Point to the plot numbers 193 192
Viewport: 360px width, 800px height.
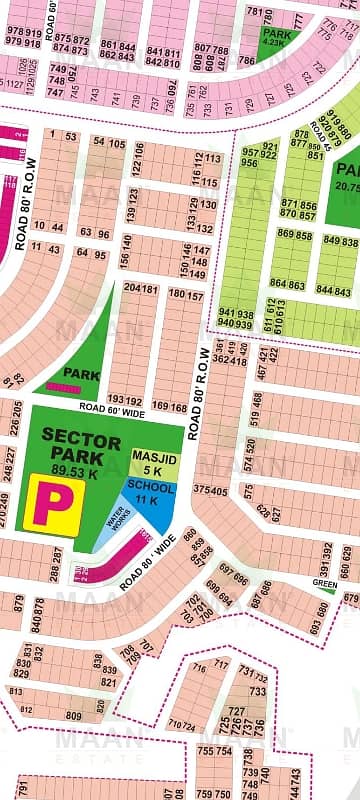(x=123, y=399)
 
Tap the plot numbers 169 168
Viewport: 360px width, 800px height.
(x=173, y=407)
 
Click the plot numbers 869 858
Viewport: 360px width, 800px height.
(x=295, y=234)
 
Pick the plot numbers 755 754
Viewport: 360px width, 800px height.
(x=215, y=750)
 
